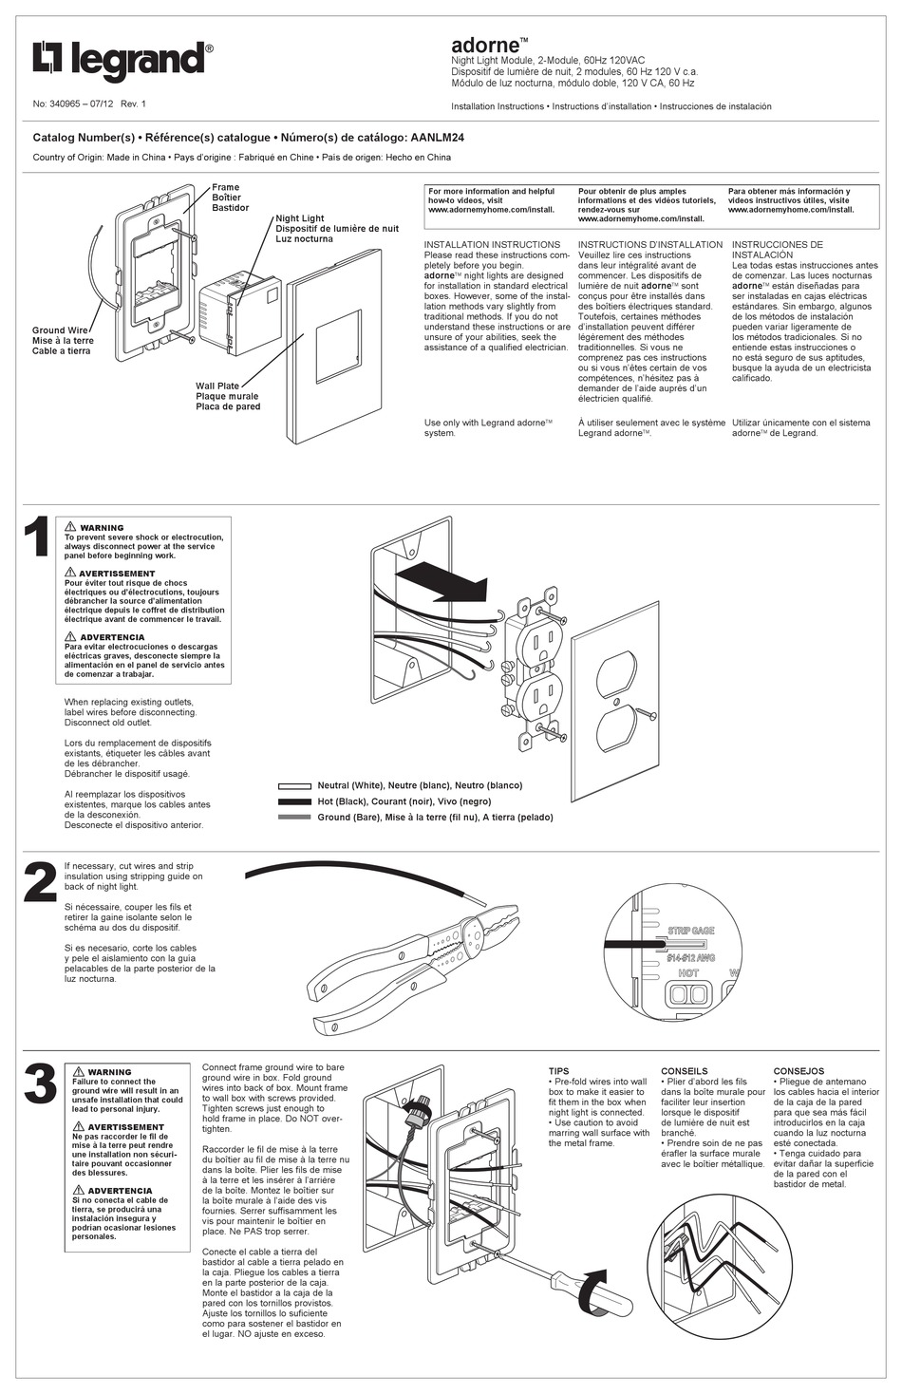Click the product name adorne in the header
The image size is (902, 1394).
[485, 45]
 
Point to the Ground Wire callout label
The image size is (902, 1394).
[61, 330]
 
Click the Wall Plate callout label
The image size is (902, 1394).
[217, 386]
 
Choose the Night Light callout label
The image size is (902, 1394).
[300, 218]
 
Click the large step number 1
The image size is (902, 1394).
[36, 538]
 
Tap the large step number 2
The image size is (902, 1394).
[38, 883]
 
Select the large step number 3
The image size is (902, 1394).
[38, 1086]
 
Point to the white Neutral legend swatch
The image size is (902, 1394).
[294, 786]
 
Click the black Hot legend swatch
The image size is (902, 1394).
[294, 801]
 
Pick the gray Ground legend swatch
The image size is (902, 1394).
[294, 817]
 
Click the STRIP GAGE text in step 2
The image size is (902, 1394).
[690, 931]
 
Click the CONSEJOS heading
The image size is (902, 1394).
[799, 1071]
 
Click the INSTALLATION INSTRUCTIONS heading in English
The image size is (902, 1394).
[492, 244]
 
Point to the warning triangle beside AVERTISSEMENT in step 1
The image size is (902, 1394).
[70, 573]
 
